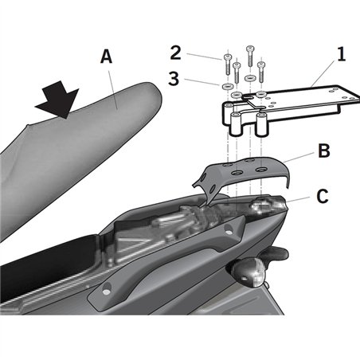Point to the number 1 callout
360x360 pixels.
[341, 56]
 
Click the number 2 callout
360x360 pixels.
[176, 54]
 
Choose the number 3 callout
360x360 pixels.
[176, 80]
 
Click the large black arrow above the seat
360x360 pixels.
[57, 100]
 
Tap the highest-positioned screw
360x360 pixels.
[250, 54]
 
